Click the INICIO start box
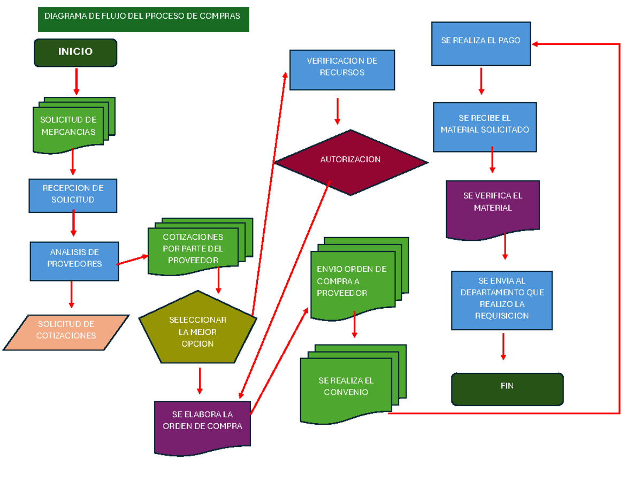75,52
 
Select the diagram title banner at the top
143,19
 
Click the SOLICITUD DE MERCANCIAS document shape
68,126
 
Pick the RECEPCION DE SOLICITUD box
73,195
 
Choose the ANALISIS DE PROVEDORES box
74,261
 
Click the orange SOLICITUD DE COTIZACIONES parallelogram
66,332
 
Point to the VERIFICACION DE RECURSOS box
342,69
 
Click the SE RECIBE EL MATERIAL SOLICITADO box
485,126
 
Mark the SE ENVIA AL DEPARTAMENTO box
501,300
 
